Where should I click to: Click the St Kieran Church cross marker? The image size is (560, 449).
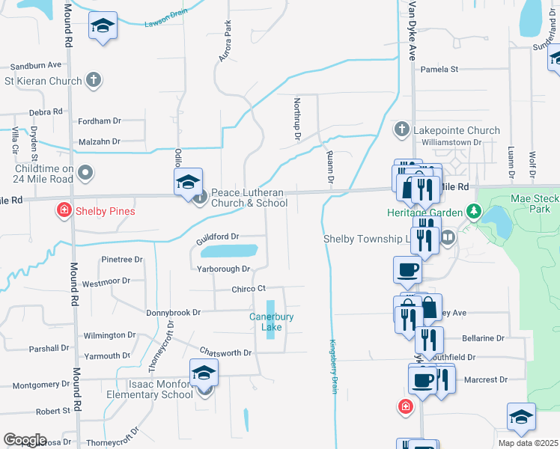94,80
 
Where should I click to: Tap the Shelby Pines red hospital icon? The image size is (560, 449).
65,210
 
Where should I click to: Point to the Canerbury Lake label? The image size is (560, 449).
266,322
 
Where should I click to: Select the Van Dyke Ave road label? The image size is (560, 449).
411,31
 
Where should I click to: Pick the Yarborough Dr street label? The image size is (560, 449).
223,269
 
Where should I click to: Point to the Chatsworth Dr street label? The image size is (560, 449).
225,352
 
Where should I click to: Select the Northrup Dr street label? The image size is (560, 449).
297,120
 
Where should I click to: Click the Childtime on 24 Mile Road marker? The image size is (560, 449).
85,174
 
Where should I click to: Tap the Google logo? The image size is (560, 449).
25,440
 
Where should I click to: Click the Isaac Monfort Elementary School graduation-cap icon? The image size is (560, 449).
204,373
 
